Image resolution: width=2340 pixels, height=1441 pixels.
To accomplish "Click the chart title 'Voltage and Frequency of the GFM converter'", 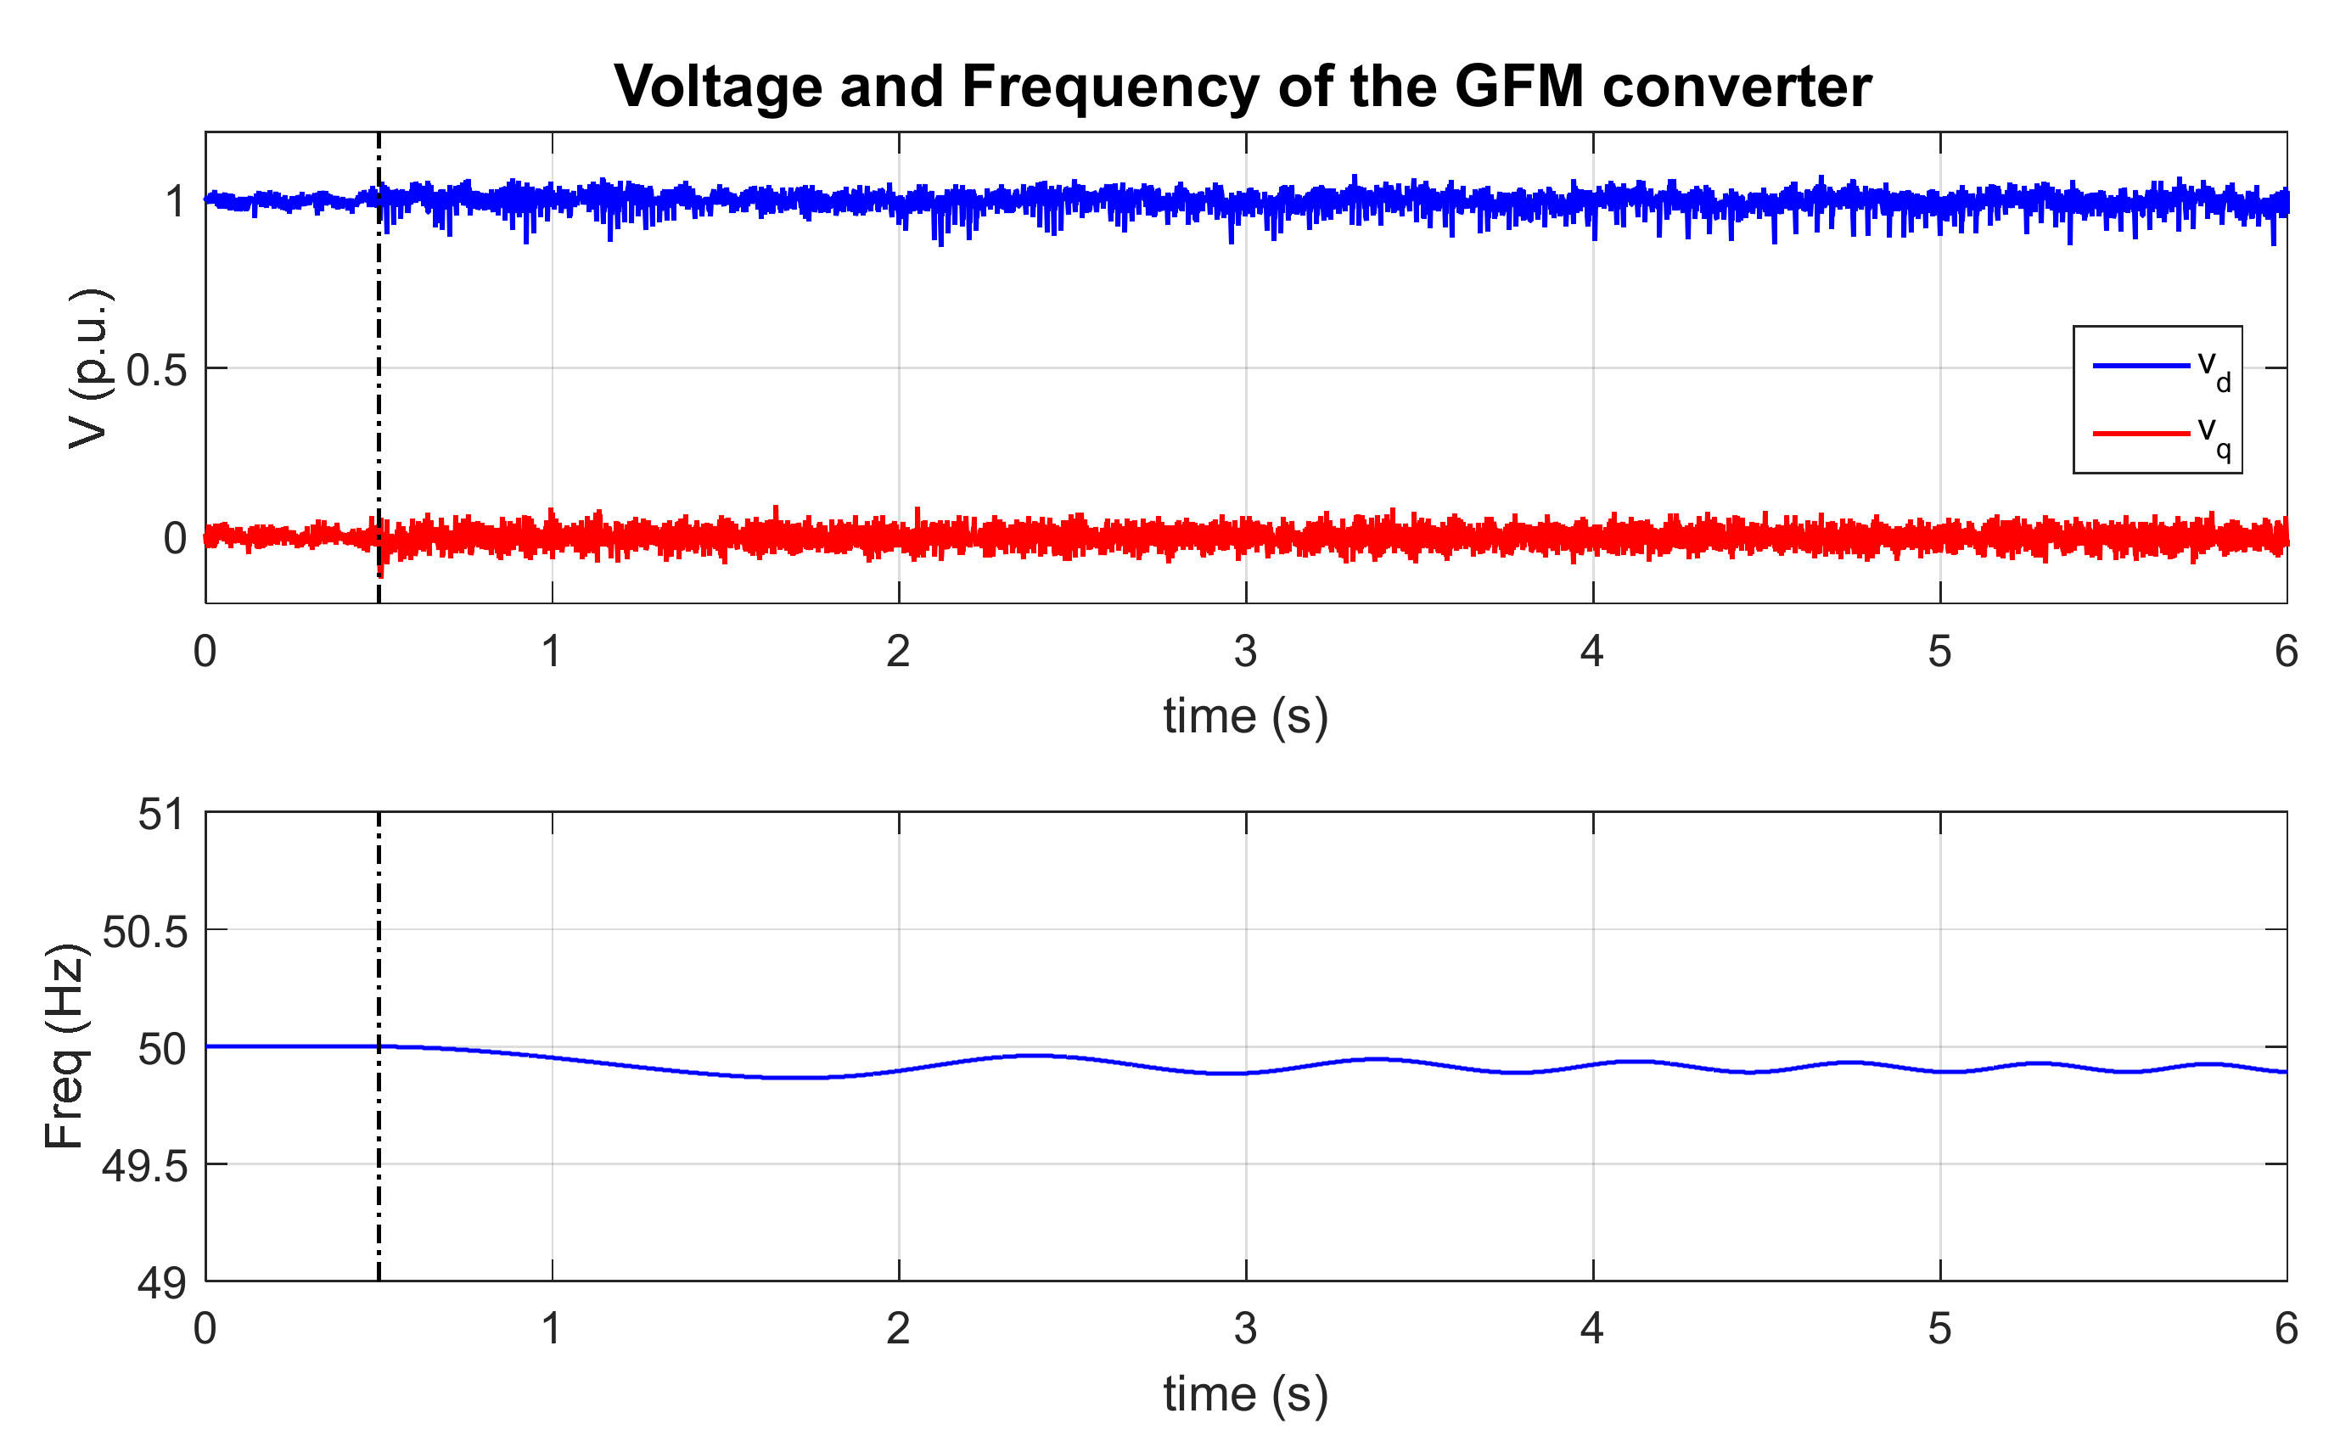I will click(x=1243, y=87).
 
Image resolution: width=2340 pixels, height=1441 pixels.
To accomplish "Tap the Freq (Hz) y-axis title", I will click(x=67, y=1046).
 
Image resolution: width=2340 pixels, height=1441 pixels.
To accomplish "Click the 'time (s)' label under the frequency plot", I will click(x=1245, y=1393).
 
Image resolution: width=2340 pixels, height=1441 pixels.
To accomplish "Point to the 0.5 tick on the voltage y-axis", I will click(x=156, y=370).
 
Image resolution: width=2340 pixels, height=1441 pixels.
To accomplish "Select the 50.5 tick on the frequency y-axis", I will click(x=145, y=931).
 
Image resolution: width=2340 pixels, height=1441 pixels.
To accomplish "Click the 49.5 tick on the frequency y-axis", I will click(x=145, y=1165).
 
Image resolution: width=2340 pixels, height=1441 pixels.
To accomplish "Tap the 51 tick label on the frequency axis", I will click(x=161, y=815).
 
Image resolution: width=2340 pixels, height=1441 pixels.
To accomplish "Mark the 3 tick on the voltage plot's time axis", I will click(x=1245, y=652).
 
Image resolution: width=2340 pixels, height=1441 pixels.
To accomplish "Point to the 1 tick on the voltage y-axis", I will click(x=176, y=202).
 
